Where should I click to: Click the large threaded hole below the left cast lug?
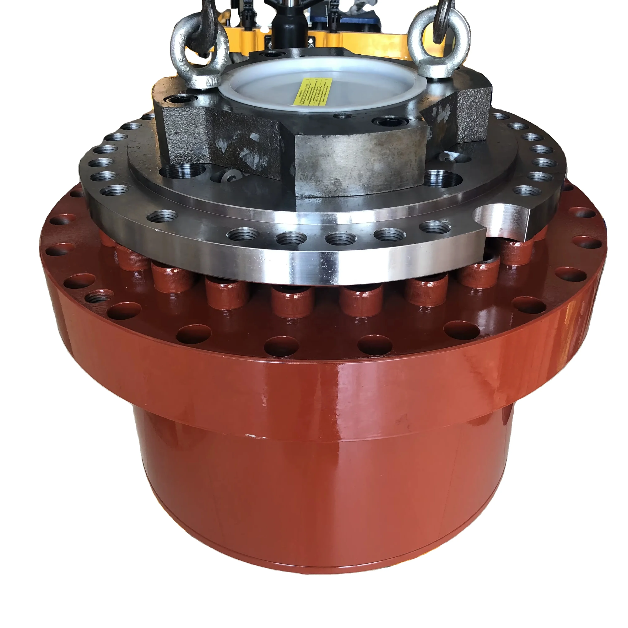[x=183, y=171]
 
